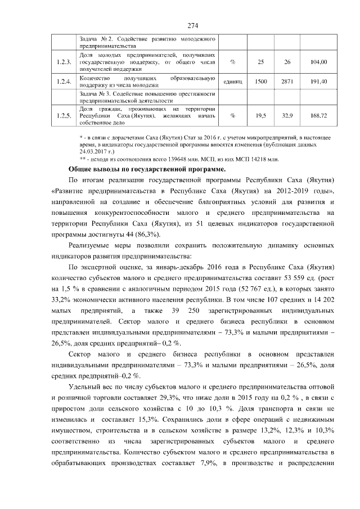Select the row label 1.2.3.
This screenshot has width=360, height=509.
click(64, 62)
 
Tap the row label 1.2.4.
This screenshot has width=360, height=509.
click(64, 82)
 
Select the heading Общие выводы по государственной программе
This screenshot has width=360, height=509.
click(147, 169)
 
